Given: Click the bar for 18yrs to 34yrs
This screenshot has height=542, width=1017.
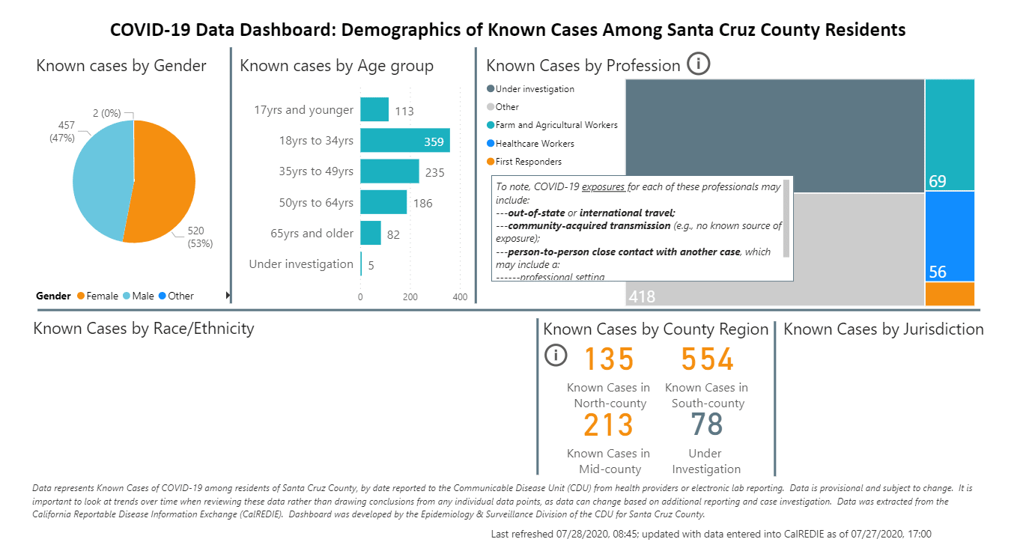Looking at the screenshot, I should (x=405, y=141).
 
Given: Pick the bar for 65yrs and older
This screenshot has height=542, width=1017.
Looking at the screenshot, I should (x=371, y=233).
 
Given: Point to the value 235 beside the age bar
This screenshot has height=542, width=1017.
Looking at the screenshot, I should (x=434, y=173).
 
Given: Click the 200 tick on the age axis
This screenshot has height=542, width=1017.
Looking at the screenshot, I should (x=410, y=296).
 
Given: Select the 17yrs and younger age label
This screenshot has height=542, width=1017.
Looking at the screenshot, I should (x=303, y=110).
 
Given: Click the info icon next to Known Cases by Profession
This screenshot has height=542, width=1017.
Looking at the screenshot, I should (x=698, y=64).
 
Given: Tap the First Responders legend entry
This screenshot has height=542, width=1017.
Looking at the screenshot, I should (x=528, y=161).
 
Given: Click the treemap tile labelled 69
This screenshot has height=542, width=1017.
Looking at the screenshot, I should (x=950, y=135).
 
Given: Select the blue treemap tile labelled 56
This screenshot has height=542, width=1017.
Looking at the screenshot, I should (x=950, y=236).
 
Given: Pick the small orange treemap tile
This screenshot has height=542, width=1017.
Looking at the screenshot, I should (x=950, y=293).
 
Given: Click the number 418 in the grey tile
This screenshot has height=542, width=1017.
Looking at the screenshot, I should (x=642, y=296).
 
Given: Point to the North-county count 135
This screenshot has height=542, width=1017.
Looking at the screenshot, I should (x=609, y=359).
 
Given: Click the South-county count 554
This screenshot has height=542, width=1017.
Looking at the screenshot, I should (x=707, y=359).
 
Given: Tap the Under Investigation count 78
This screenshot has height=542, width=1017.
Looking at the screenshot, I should (x=706, y=424).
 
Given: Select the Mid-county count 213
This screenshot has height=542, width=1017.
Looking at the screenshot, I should (x=608, y=425).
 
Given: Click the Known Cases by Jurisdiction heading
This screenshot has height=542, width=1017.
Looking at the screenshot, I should (x=883, y=329).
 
